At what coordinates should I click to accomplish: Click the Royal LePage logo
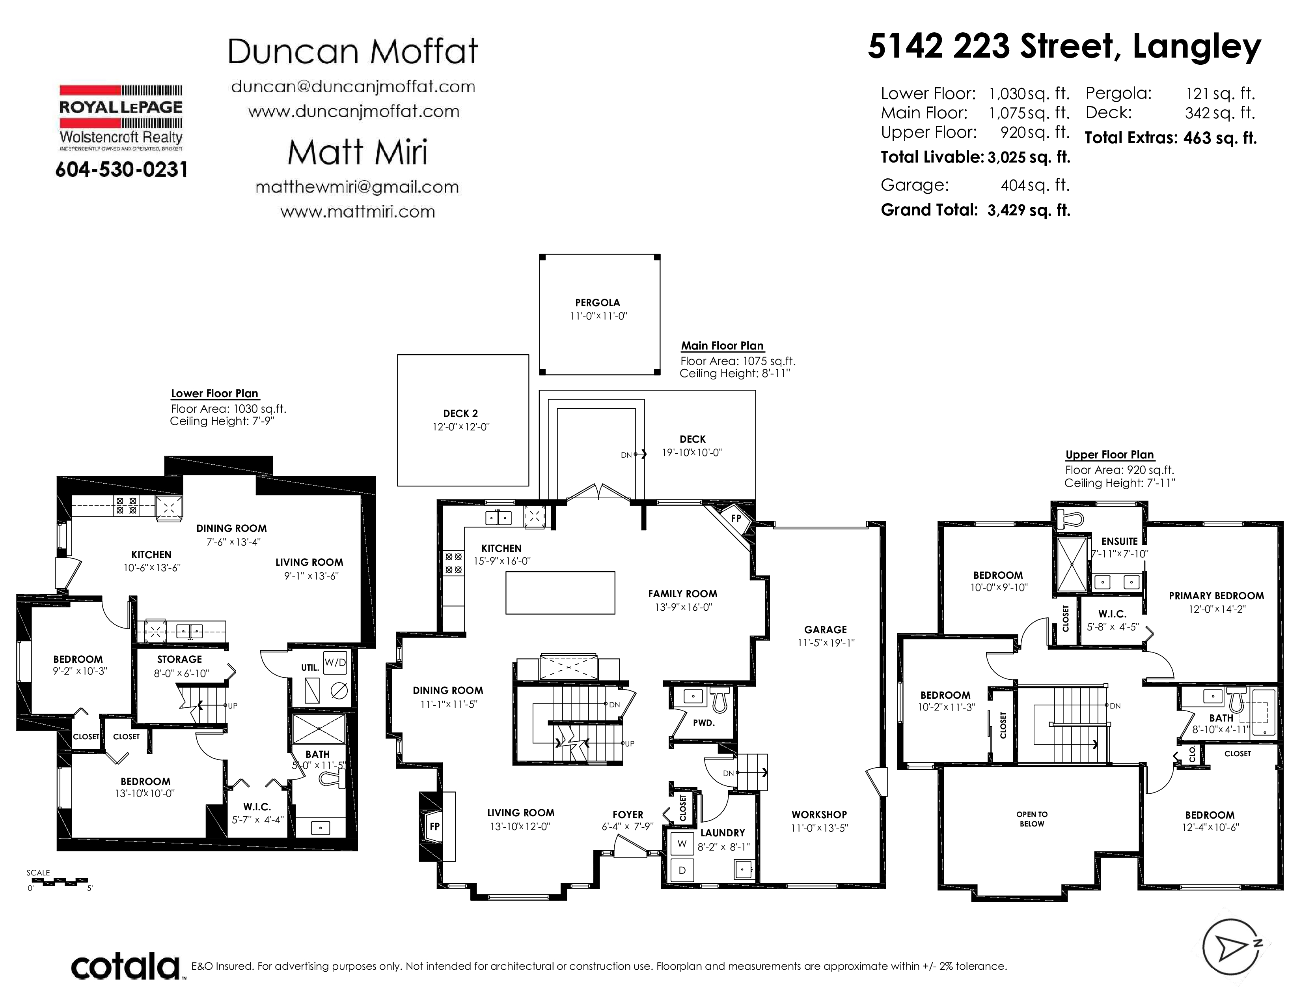[x=121, y=118]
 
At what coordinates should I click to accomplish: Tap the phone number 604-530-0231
[x=121, y=170]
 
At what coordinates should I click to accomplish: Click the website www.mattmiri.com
[x=358, y=211]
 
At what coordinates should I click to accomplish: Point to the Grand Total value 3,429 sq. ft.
[x=1029, y=210]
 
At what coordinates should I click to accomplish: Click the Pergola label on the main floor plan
[x=598, y=303]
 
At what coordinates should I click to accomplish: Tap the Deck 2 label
[x=460, y=413]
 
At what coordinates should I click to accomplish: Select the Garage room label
[x=825, y=629]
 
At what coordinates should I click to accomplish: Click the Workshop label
[x=819, y=815]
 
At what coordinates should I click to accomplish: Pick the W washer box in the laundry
[x=682, y=844]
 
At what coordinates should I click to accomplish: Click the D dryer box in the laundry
[x=682, y=870]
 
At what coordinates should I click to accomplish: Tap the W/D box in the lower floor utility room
[x=335, y=663]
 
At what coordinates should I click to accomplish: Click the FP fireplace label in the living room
[x=435, y=826]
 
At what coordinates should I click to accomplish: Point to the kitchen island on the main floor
[x=560, y=593]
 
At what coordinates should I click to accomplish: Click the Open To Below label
[x=1032, y=819]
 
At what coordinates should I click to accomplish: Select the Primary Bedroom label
[x=1216, y=595]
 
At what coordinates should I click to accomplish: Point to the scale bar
[x=58, y=881]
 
